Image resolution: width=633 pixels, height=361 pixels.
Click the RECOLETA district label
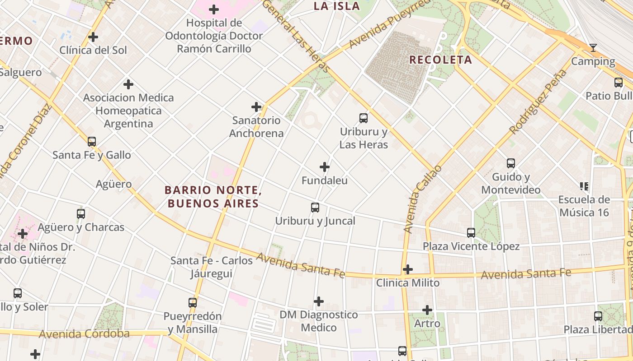(440, 60)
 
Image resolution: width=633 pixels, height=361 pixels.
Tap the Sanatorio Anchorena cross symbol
(256, 107)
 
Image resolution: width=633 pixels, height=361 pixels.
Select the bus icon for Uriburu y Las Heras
(364, 118)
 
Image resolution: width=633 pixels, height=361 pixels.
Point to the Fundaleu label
(325, 180)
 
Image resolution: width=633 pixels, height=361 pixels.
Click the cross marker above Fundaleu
(325, 167)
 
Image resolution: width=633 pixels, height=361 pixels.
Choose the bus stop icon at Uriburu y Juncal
(315, 208)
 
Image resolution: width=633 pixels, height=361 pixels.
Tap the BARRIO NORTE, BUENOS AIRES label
(213, 197)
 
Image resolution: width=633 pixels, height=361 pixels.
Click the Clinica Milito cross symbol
(408, 269)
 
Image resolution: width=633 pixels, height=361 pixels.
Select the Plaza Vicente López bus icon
(471, 233)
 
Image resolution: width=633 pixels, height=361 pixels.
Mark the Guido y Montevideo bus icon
(511, 163)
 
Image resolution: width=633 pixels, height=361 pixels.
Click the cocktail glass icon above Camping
(593, 48)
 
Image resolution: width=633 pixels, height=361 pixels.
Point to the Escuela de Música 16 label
(584, 206)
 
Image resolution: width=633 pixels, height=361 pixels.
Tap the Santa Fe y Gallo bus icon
(92, 142)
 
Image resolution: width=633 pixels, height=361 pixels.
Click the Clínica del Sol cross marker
(93, 37)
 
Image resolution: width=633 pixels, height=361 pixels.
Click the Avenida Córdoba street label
(84, 334)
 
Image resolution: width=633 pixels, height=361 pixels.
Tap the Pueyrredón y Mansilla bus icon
(193, 303)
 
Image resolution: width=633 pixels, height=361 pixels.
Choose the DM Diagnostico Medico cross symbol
(319, 301)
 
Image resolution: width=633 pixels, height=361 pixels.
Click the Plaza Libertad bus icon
(598, 316)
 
